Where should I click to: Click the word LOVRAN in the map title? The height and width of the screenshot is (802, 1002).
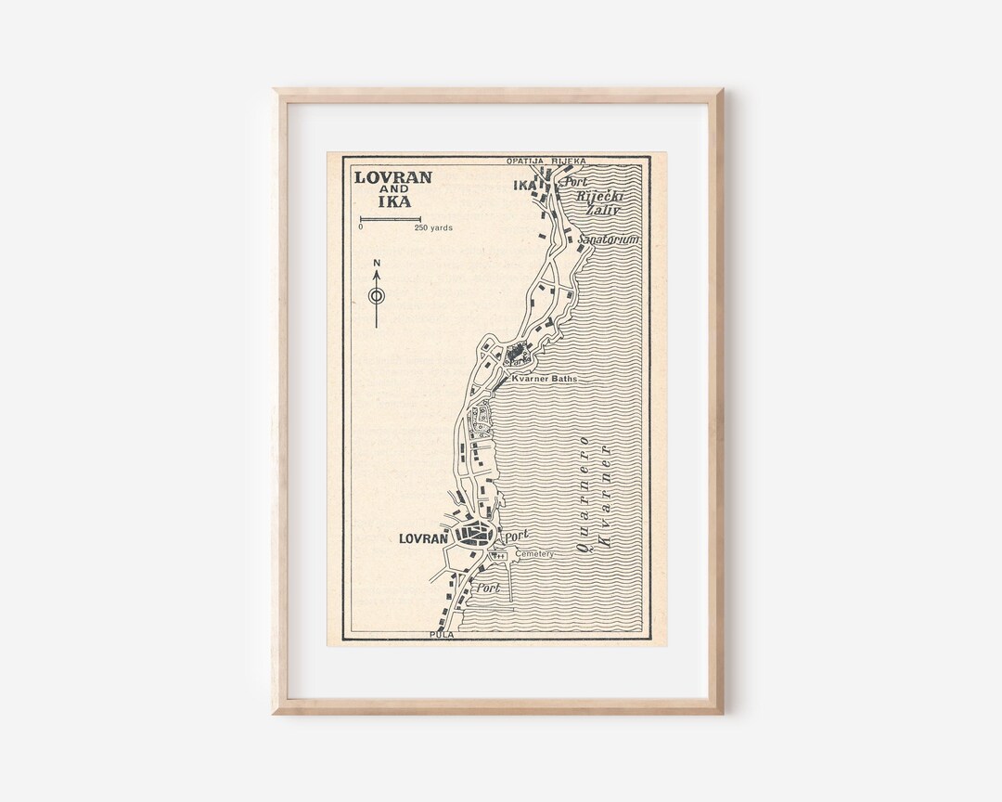392,177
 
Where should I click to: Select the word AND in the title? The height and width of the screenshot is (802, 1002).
393,189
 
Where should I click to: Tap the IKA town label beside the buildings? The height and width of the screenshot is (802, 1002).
525,186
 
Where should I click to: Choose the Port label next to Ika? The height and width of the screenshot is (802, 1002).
577,182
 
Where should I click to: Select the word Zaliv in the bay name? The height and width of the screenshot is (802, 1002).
601,210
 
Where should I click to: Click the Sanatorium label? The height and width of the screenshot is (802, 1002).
609,239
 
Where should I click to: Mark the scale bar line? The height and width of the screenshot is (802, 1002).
390,219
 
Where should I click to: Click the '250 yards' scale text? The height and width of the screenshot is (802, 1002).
433,227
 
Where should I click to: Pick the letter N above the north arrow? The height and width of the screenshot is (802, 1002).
377,264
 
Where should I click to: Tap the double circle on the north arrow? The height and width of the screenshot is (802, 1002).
377,296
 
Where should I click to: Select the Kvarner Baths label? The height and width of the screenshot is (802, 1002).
545,379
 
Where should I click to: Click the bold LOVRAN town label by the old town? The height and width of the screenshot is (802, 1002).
424,538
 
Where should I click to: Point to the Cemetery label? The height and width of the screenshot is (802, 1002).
534,554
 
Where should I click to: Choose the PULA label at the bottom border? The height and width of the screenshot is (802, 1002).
443,635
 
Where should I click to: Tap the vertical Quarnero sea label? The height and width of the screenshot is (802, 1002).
584,494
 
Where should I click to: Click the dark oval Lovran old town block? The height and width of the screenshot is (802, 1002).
473,534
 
